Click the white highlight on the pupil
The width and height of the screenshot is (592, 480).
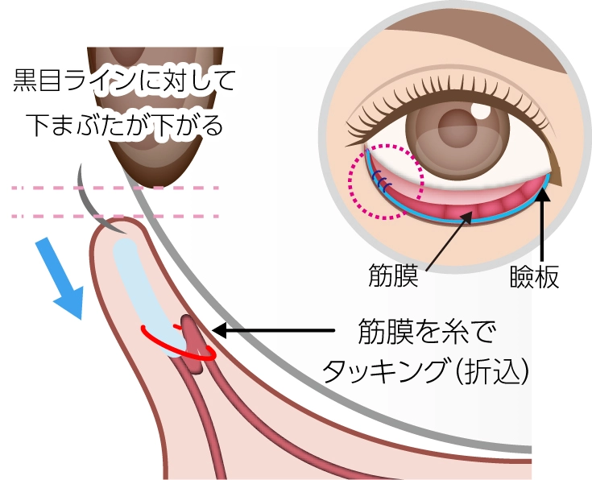click(481, 106)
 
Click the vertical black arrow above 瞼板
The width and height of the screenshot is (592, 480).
click(543, 217)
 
